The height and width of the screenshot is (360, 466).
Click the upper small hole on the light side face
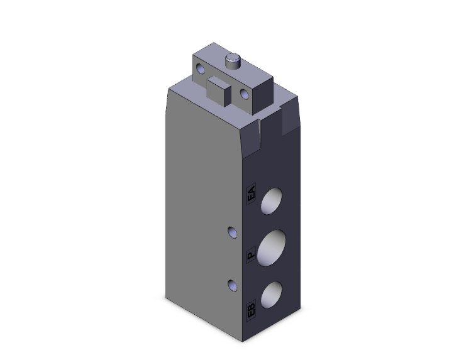tap(233, 233)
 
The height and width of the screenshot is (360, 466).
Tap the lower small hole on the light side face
tap(233, 285)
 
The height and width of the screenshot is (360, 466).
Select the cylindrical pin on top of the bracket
tap(233, 62)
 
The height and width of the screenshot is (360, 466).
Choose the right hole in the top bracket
tap(245, 95)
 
